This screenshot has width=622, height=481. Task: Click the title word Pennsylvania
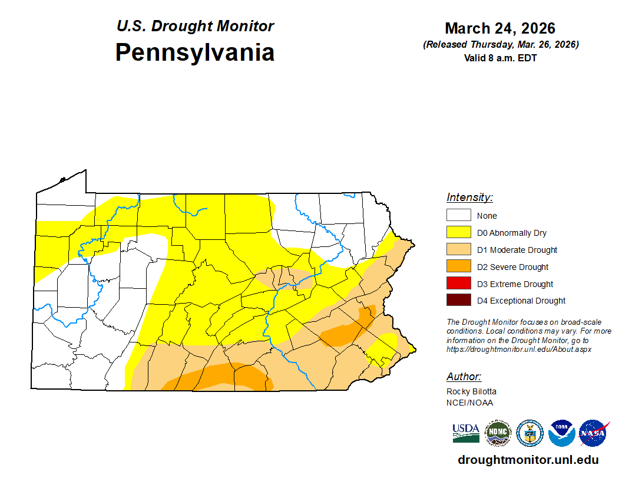click(194, 52)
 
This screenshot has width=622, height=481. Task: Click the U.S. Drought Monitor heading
click(194, 27)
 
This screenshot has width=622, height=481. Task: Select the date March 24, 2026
click(500, 28)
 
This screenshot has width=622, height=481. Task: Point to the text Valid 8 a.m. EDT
click(500, 58)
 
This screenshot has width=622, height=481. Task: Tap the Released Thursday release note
click(500, 45)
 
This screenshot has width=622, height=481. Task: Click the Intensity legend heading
click(469, 197)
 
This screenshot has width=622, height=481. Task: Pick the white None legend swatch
click(458, 215)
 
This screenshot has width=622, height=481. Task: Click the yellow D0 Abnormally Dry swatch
click(458, 232)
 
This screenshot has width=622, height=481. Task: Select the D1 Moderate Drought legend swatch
click(458, 249)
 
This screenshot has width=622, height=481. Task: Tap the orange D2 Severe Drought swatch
click(458, 266)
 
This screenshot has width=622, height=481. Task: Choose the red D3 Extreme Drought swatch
click(458, 284)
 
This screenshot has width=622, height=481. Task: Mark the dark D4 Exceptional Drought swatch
click(458, 301)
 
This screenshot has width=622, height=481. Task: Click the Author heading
click(464, 377)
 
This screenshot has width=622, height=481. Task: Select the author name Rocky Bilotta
click(471, 391)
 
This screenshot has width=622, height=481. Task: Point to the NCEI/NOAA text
click(469, 403)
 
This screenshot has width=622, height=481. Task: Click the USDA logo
click(465, 433)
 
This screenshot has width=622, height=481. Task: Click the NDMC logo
click(497, 433)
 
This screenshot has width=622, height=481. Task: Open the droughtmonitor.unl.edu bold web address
click(528, 460)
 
